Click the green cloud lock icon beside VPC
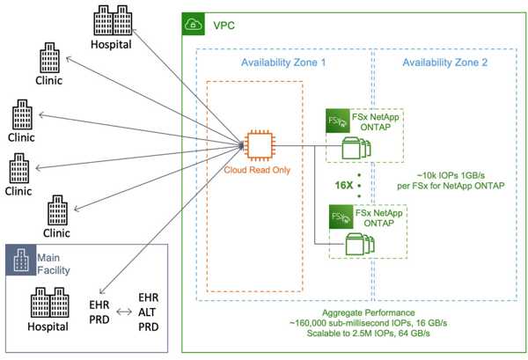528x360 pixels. [x=194, y=24]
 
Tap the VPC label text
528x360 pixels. [x=224, y=26]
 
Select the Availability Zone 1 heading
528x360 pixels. [x=283, y=62]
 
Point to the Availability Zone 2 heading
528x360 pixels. [x=444, y=62]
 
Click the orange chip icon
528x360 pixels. [x=260, y=145]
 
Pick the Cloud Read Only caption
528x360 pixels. [x=257, y=170]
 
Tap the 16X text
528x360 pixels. [x=344, y=185]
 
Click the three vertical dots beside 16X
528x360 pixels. [x=359, y=186]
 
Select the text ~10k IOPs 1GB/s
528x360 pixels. [x=451, y=175]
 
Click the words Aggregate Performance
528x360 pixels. [x=369, y=312]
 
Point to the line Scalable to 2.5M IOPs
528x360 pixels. [x=369, y=334]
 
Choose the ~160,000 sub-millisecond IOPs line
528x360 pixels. [x=369, y=323]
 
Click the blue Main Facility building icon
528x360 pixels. [x=21, y=260]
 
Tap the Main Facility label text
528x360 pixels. [x=54, y=264]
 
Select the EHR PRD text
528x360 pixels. [x=99, y=312]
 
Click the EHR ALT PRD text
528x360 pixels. [x=149, y=312]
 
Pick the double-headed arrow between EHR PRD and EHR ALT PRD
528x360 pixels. [x=124, y=312]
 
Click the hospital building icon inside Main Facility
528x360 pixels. [x=50, y=303]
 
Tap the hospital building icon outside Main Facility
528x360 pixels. [x=113, y=20]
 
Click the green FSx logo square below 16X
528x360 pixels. [x=341, y=217]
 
